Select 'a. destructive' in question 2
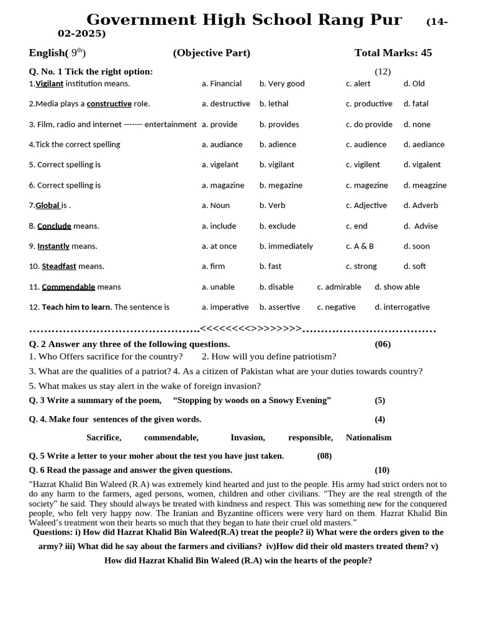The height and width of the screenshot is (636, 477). pos(225,104)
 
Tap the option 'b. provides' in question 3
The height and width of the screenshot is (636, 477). pos(279,124)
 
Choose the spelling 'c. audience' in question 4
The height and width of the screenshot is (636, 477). pos(366,145)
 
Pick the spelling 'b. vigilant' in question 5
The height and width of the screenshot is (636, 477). pos(276,165)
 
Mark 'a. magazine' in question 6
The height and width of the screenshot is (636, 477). pos(223,185)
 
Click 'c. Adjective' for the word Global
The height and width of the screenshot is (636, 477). pos(366,206)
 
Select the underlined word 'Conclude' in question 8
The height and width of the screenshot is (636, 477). pos(54,226)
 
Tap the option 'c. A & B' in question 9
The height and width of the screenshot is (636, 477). pos(360,246)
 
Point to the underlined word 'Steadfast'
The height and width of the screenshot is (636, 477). pos(59,266)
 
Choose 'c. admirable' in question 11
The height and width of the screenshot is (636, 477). pos(338,287)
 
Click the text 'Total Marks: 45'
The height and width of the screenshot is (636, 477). pos(393,53)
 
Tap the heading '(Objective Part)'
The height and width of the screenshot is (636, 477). pos(211,53)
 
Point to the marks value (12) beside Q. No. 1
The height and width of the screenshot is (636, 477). pos(383,71)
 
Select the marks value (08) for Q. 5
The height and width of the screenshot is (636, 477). pos(324,456)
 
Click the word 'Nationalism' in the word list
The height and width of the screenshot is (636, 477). pos(368,437)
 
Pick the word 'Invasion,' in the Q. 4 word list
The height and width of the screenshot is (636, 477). pos(247,437)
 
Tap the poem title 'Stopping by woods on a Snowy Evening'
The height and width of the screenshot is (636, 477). pos(252,400)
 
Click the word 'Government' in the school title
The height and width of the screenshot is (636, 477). pos(141,20)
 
